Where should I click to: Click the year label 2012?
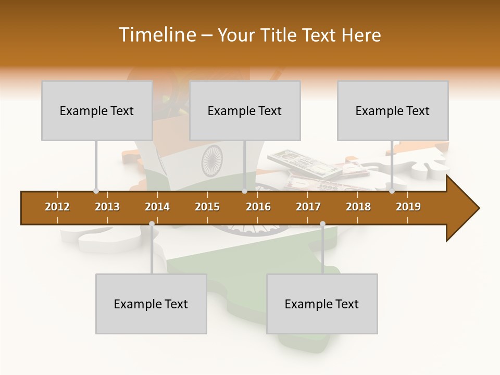[57, 207]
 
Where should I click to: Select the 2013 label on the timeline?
[107, 207]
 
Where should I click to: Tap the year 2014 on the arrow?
[157, 207]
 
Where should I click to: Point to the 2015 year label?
[207, 207]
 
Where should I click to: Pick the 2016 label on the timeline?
[258, 207]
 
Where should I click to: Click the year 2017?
[308, 207]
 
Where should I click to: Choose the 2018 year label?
[358, 207]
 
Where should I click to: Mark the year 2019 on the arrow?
[408, 207]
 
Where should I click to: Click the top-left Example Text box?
[97, 110]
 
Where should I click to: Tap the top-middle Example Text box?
[245, 110]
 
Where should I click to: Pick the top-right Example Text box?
[393, 110]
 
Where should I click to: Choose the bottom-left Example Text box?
[151, 304]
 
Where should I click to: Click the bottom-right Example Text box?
[322, 304]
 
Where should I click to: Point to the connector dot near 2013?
[96, 191]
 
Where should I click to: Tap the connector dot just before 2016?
[245, 191]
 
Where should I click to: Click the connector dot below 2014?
[152, 224]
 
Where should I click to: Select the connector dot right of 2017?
[322, 224]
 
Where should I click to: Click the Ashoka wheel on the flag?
[212, 160]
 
